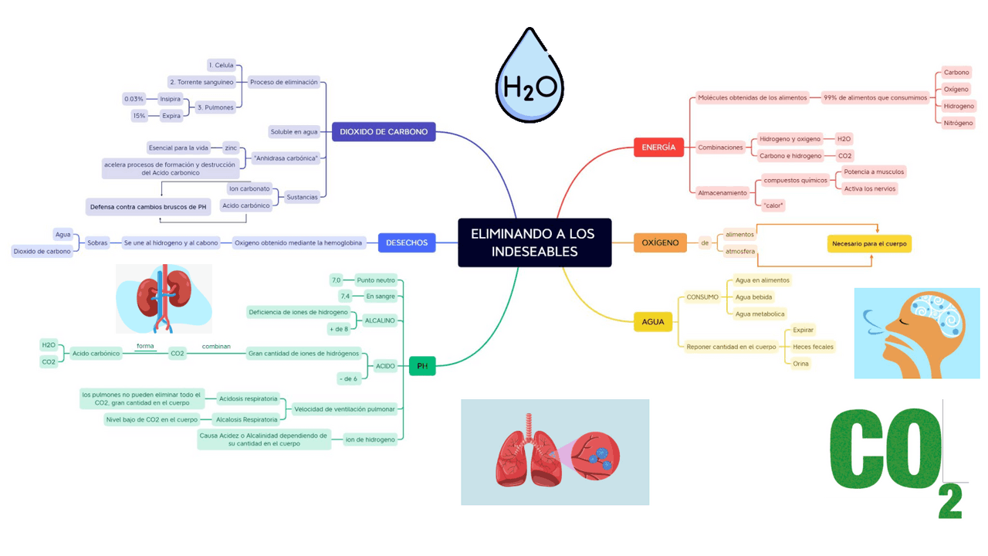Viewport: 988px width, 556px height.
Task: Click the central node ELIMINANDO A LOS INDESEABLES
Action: (x=535, y=242)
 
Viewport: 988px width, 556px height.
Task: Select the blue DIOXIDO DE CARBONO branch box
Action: (x=384, y=131)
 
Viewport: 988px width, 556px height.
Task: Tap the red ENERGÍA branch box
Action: (x=658, y=147)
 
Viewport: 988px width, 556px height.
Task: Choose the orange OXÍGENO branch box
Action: (x=660, y=242)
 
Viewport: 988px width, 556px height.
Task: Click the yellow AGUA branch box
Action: (x=653, y=322)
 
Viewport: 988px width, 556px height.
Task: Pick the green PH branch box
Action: (x=422, y=366)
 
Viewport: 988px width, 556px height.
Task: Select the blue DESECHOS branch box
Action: (x=407, y=242)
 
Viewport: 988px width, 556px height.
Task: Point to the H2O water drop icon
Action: (x=530, y=75)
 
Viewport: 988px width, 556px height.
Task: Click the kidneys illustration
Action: (x=164, y=299)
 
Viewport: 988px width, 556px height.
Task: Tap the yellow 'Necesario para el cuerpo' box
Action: (x=869, y=243)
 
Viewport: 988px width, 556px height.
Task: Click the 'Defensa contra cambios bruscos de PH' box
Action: (x=148, y=206)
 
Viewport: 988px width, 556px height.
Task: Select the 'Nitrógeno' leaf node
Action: (x=958, y=123)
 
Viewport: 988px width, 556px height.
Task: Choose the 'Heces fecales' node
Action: (x=813, y=347)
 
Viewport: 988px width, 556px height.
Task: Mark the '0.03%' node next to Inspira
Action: (x=134, y=99)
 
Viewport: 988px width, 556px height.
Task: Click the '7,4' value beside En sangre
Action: (x=345, y=296)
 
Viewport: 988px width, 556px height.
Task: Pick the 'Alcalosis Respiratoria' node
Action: (x=246, y=419)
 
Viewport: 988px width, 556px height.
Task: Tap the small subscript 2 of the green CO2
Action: (x=950, y=501)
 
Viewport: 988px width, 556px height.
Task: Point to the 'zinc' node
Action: (x=231, y=147)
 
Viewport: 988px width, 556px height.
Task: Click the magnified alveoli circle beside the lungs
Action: (x=595, y=456)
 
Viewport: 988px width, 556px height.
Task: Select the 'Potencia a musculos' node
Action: (x=874, y=171)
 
